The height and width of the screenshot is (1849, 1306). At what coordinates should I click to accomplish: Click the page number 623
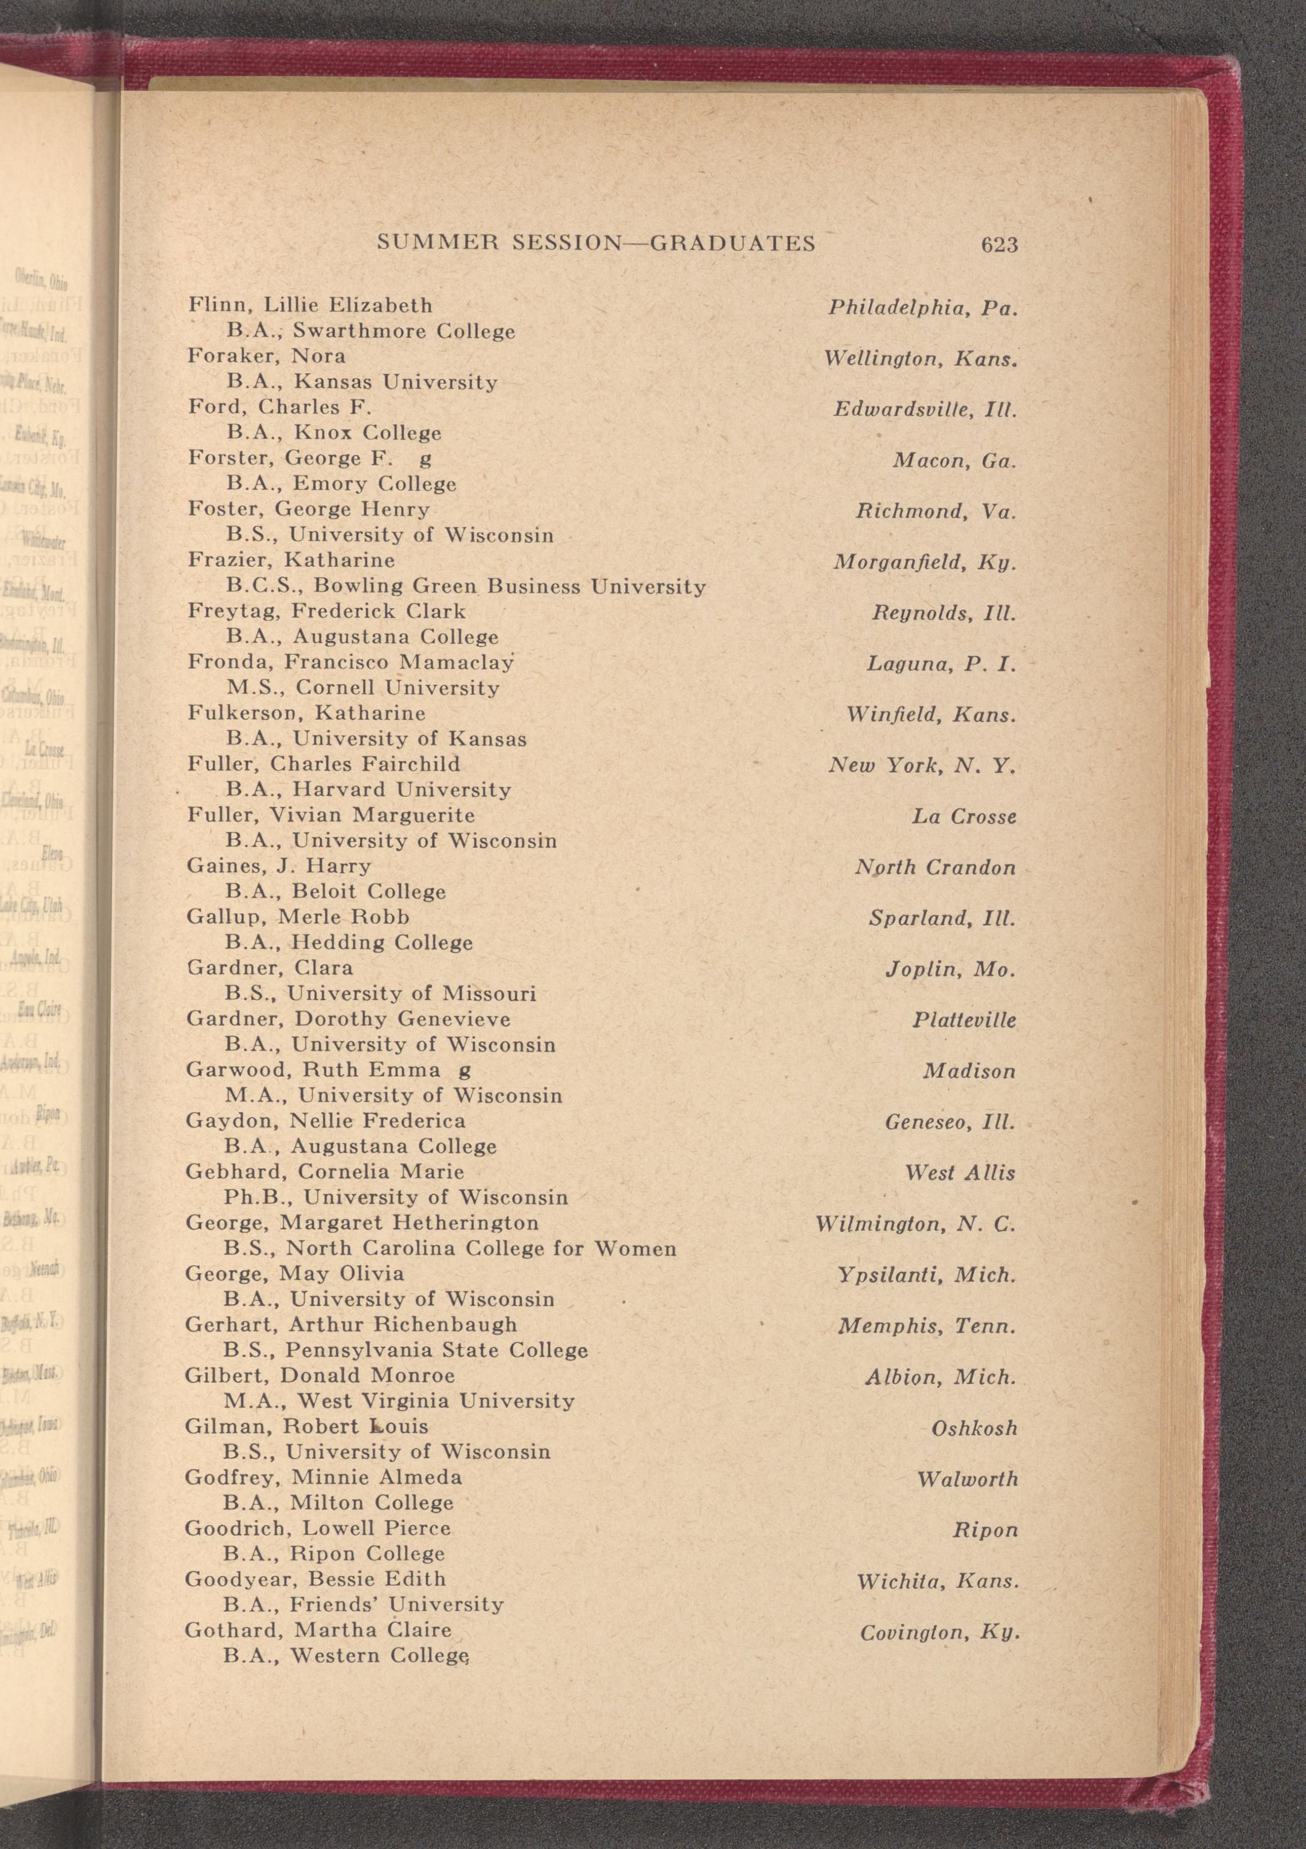[x=999, y=244]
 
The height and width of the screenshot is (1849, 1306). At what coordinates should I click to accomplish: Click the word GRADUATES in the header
[x=732, y=243]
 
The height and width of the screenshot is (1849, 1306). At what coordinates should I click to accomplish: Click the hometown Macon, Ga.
[x=954, y=461]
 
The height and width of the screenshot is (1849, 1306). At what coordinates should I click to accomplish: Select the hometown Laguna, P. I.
[x=941, y=664]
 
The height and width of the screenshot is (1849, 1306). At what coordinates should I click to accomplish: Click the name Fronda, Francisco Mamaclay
[x=350, y=663]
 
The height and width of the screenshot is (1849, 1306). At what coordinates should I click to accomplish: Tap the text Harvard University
[x=401, y=790]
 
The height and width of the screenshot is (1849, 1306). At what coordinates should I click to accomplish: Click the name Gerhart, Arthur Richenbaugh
[x=351, y=1325]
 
